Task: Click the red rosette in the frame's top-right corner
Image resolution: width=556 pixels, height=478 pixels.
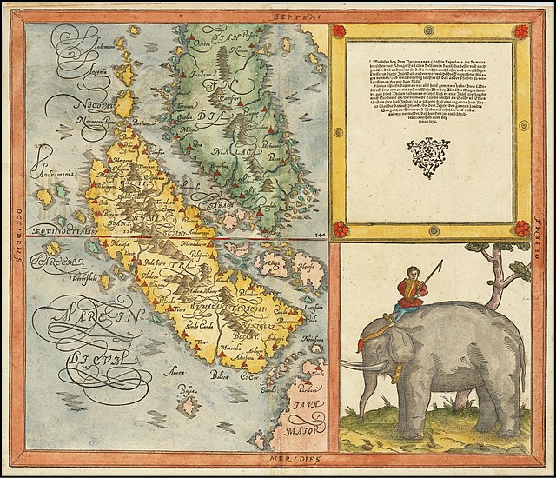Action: (x=521, y=32)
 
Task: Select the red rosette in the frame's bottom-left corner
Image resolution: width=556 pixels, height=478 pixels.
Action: (x=340, y=228)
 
